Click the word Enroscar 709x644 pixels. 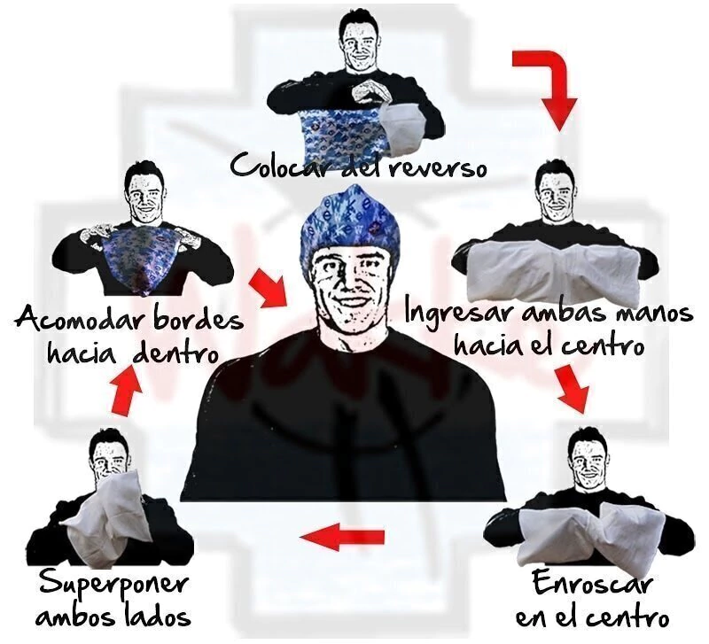pos(592,583)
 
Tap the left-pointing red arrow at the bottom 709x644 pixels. pos(342,537)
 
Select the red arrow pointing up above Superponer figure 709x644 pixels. pos(126,390)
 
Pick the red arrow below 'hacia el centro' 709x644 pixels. pos(573,389)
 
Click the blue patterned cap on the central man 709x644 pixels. pos(345,221)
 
